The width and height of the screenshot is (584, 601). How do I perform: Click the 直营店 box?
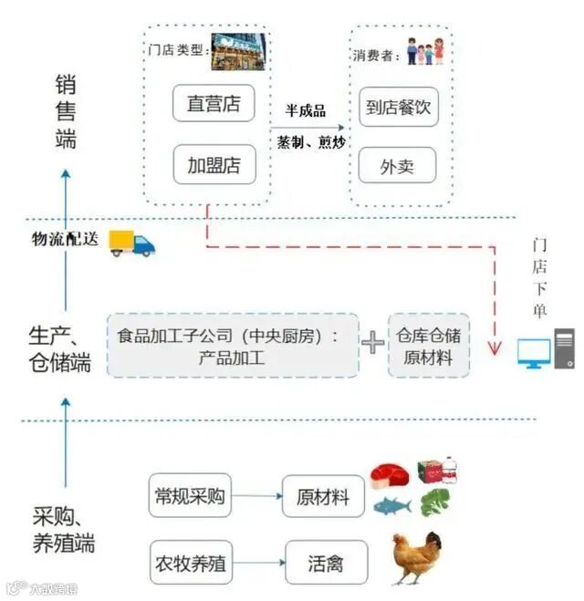click(214, 103)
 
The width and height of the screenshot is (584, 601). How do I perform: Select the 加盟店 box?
click(214, 165)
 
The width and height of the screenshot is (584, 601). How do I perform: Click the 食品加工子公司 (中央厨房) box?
click(232, 346)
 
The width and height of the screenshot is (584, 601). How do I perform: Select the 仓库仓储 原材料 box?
click(429, 346)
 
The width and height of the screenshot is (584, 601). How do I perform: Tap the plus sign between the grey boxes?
click(372, 344)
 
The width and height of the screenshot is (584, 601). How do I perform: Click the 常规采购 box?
click(190, 497)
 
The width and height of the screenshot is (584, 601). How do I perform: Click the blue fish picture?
click(390, 506)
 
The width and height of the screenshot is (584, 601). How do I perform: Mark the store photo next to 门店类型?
click(238, 52)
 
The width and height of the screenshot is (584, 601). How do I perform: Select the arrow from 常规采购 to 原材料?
click(255, 497)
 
